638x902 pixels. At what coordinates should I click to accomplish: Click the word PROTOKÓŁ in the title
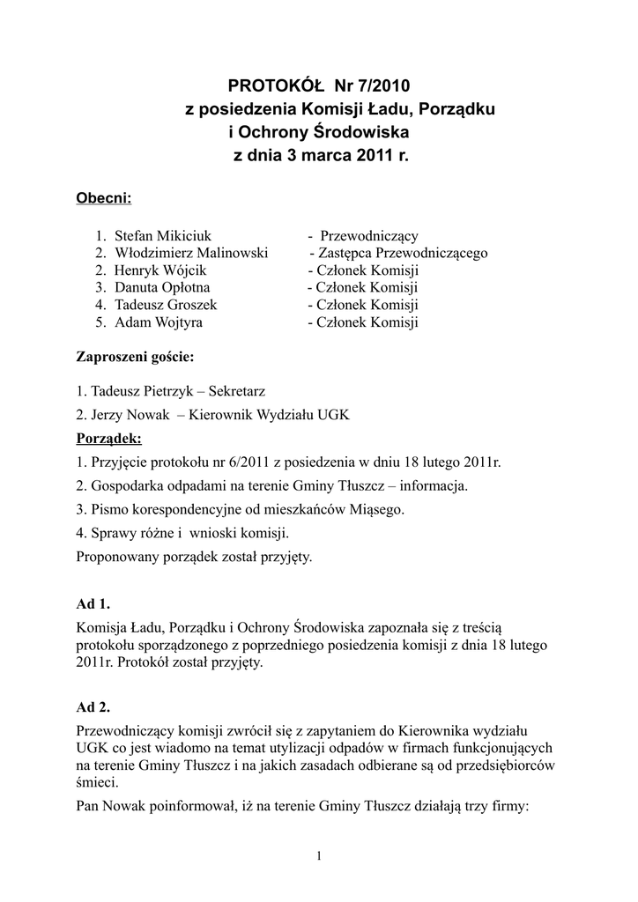[x=276, y=85]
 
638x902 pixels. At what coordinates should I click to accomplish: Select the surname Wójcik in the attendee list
[x=182, y=270]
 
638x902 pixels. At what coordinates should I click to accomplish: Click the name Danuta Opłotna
[x=162, y=287]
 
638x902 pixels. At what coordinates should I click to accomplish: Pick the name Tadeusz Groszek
[x=166, y=305]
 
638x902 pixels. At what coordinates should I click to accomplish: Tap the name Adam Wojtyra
[x=159, y=322]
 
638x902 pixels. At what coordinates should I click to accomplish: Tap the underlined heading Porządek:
[x=109, y=438]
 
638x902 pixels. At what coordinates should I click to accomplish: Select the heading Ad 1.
[x=93, y=603]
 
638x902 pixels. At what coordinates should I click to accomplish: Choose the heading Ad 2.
[x=93, y=707]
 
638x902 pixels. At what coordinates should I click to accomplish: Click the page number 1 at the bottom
[x=318, y=856]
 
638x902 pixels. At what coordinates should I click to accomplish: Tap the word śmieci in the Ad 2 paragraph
[x=97, y=781]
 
